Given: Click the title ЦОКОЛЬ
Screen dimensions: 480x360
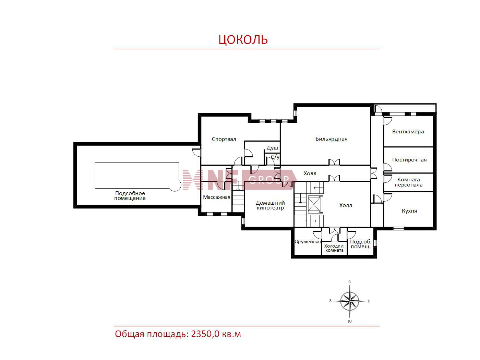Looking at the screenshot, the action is [243, 39].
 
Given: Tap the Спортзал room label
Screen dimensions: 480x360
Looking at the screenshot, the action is [224, 139].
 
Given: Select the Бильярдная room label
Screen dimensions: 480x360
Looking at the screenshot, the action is [331, 139].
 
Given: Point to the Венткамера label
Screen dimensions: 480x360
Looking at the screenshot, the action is [408, 132].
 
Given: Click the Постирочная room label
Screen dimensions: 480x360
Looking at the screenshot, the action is [409, 160].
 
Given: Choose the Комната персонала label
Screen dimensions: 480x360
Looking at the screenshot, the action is [408, 182].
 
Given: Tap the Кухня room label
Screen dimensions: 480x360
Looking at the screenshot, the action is [409, 211].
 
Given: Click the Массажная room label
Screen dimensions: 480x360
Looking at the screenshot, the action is [216, 197].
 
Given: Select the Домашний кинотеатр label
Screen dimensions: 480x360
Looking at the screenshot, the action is [270, 205].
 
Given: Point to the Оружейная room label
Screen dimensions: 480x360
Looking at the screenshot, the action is [308, 241].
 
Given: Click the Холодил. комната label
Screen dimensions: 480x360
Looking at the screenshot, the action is [334, 248].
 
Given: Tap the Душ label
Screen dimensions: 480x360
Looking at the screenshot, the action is [272, 148].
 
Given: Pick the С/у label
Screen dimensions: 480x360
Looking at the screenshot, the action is [275, 157].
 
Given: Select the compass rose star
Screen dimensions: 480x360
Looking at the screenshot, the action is [349, 301].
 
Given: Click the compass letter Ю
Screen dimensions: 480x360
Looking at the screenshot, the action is [350, 321].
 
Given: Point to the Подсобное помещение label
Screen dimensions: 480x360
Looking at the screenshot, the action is [130, 196].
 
